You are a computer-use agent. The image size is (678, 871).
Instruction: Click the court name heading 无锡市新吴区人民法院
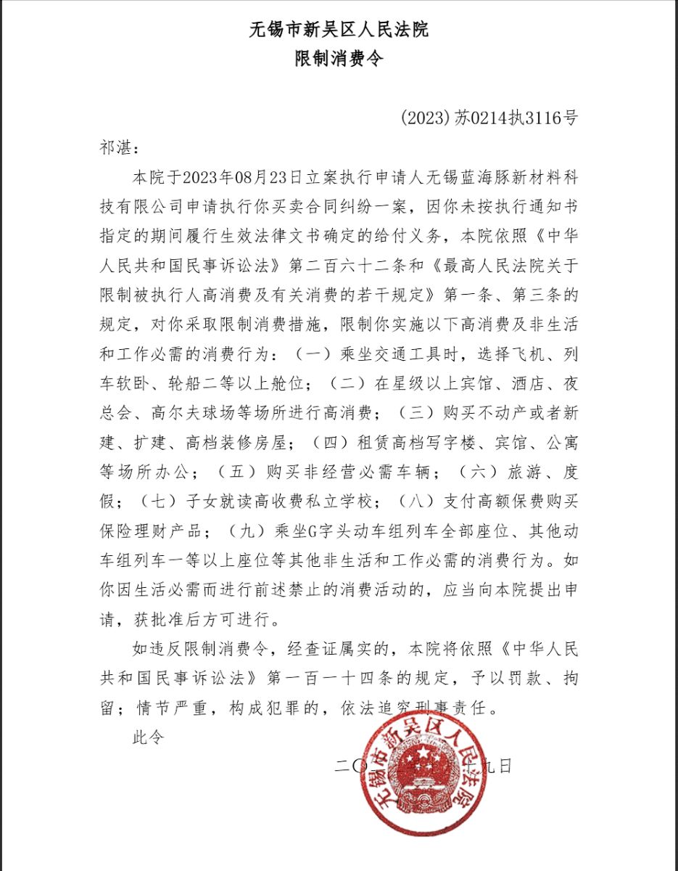339,30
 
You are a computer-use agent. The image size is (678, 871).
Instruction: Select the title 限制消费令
339,59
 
